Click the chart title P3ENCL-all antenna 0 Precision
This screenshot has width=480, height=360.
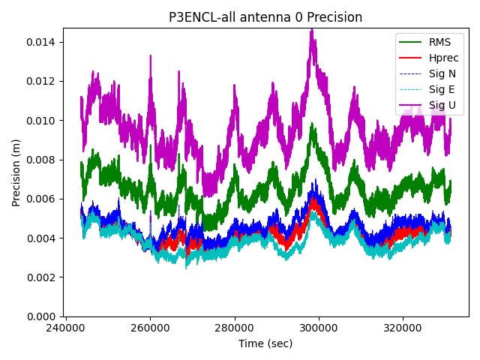(265, 17)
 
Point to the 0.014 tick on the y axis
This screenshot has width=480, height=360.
(43, 42)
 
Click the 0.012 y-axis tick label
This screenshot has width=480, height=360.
(43, 81)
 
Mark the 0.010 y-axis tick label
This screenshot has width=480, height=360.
(43, 120)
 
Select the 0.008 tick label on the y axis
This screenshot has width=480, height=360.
(43, 160)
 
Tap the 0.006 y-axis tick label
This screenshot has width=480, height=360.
(43, 199)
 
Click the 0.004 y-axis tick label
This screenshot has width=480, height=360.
(43, 238)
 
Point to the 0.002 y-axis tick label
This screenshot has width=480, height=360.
(43, 277)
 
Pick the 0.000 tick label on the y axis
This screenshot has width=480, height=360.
(43, 316)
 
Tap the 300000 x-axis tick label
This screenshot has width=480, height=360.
(319, 328)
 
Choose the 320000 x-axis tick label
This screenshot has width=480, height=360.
(403, 328)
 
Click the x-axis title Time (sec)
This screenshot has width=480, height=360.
(265, 343)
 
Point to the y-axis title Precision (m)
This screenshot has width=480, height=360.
(16, 172)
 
